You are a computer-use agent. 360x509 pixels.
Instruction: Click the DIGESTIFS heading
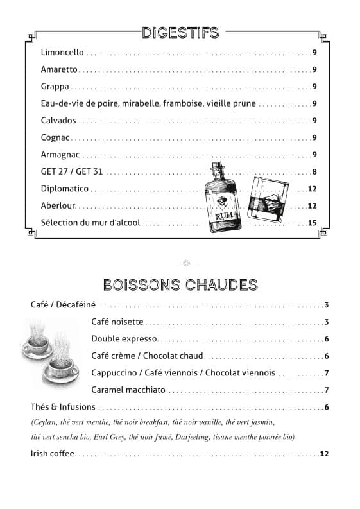180,32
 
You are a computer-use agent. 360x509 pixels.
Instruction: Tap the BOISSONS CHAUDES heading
180,284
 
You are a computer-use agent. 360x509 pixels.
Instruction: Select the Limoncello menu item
62,53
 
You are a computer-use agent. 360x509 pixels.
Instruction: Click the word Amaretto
59,69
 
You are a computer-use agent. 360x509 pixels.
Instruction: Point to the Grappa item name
55,86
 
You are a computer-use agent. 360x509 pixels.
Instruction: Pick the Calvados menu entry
58,120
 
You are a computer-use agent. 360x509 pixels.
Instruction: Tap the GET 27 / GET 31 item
71,171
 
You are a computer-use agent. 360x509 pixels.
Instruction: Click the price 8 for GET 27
314,171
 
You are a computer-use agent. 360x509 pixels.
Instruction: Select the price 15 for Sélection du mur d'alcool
313,223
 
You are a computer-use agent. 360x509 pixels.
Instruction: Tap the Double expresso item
124,339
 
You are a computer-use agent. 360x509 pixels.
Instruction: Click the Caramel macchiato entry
128,390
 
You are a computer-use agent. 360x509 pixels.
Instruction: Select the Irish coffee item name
53,454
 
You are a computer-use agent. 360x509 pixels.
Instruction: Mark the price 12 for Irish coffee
324,454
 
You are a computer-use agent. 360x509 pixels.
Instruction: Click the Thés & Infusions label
63,406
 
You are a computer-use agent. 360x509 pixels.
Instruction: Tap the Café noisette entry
117,322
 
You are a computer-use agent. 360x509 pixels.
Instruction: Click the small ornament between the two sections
187,262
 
